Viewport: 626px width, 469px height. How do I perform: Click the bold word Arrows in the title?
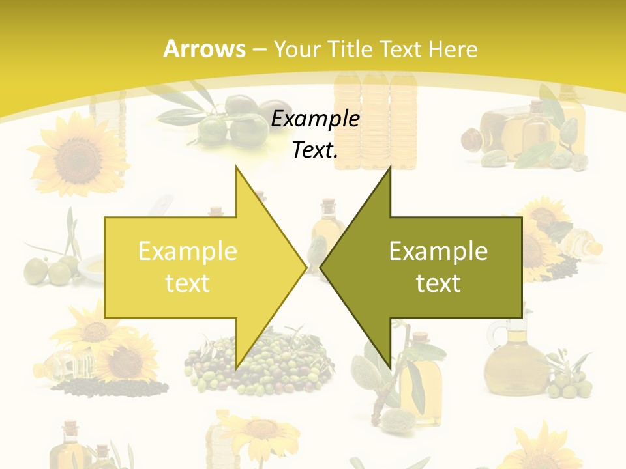205,49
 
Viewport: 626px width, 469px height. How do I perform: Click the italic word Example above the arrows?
316,119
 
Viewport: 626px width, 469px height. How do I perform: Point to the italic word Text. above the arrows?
316,150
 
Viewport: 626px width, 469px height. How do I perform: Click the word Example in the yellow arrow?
188,251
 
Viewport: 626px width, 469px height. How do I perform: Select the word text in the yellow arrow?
188,283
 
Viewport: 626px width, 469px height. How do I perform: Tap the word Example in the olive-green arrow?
438,251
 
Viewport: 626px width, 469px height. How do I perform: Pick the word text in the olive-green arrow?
438,283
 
